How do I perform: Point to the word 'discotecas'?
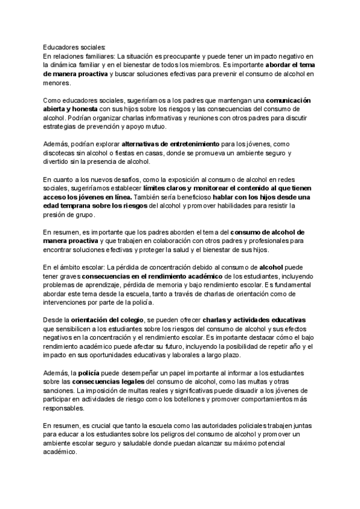(61, 153)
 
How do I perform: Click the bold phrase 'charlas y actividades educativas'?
(254, 319)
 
